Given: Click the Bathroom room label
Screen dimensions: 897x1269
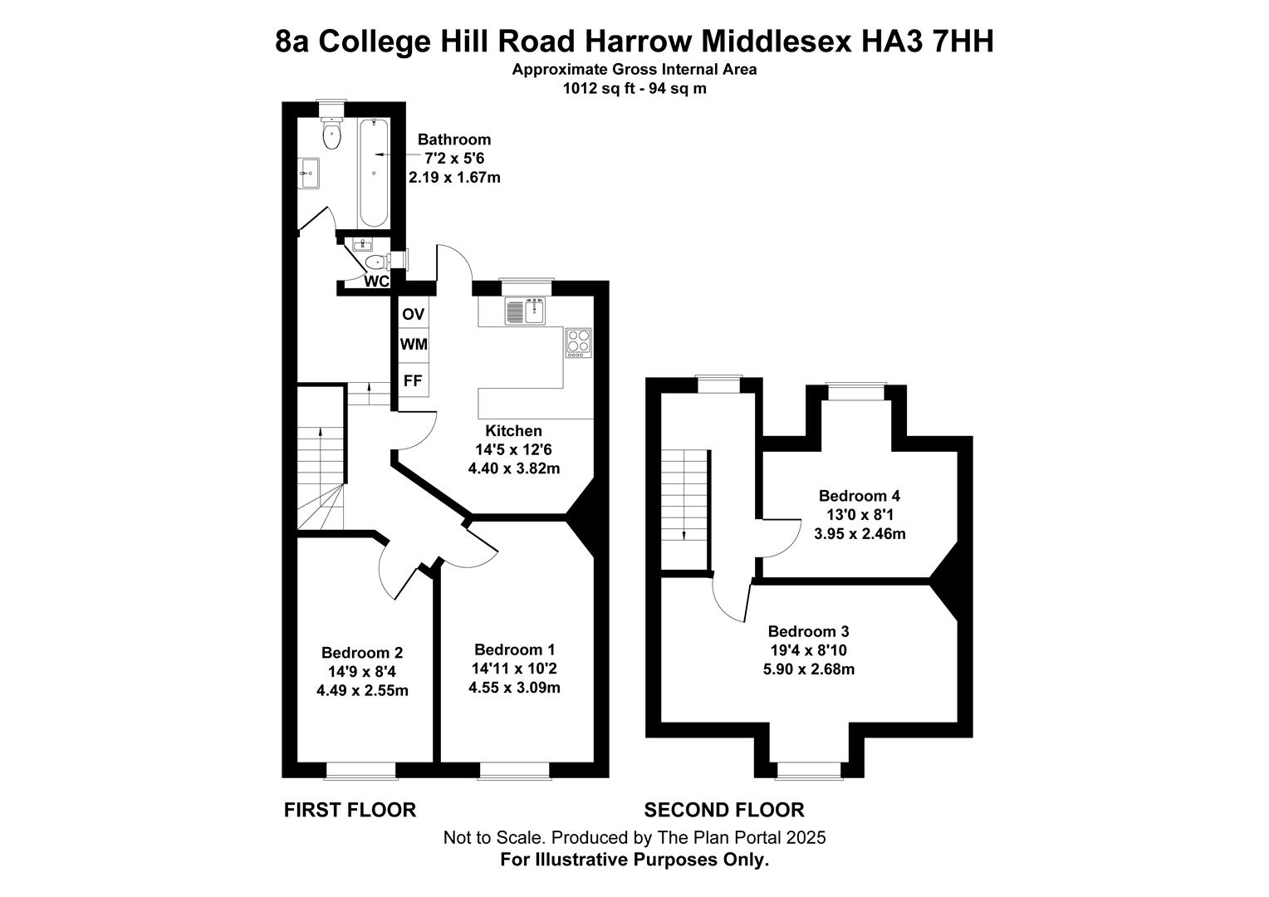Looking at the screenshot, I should (453, 140).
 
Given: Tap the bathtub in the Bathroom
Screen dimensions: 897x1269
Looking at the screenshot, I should (374, 173).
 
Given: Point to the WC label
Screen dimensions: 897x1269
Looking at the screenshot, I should (377, 282).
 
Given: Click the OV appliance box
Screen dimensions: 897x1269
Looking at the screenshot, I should (413, 314).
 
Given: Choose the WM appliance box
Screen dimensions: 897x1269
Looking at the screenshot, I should (413, 344).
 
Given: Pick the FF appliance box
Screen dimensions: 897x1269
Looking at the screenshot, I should (413, 381).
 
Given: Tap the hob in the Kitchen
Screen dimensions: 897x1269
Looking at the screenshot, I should (578, 342).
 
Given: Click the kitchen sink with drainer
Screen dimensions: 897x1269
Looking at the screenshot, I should (523, 311).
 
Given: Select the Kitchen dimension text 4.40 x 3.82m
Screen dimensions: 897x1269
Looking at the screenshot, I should (513, 468).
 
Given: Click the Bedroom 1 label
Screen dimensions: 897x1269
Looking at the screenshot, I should (514, 649).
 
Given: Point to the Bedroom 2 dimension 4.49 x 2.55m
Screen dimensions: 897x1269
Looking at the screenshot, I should (362, 690).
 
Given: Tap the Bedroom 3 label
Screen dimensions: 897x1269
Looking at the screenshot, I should (808, 631).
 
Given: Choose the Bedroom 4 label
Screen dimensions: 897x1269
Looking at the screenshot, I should (860, 496).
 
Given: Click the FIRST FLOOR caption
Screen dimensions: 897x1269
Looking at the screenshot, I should (350, 810).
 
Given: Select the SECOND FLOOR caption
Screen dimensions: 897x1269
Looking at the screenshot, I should (724, 810).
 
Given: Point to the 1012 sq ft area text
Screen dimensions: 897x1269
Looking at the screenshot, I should (593, 88).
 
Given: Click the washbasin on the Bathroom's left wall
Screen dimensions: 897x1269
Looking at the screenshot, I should (309, 174).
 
